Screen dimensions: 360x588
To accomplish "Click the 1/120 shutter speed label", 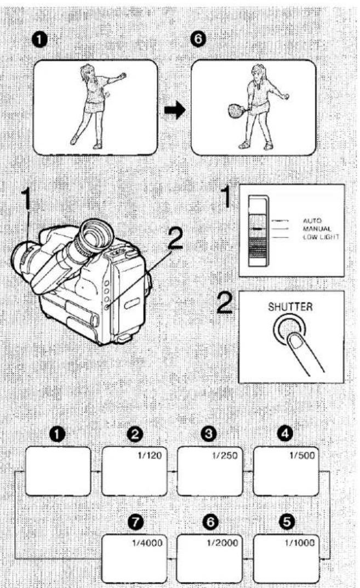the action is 150,455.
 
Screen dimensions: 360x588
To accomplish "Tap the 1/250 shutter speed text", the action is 225,455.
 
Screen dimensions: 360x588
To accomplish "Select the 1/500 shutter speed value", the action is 302,455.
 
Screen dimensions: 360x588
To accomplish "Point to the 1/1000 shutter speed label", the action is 300,543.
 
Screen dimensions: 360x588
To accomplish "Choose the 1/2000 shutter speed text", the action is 222,543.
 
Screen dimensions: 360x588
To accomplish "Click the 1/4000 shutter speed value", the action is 147,543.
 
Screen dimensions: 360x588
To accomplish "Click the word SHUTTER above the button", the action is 290,307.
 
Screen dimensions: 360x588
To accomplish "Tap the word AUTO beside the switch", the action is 312,221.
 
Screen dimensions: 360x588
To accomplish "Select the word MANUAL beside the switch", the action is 317,229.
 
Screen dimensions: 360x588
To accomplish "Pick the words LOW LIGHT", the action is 321,237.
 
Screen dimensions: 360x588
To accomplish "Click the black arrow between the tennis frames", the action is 175,110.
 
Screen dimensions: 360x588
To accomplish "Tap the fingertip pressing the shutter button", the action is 296,341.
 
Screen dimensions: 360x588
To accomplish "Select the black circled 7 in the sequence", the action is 135,522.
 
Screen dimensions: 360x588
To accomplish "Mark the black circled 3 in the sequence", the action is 209,434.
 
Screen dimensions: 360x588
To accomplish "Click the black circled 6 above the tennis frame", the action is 198,39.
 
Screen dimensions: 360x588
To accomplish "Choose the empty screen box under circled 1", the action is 58,471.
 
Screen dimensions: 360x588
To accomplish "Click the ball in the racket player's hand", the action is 288,97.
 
